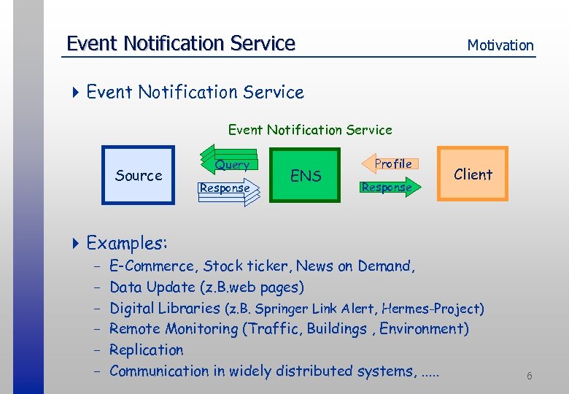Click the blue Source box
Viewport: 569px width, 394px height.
139,175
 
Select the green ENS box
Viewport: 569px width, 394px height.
306,175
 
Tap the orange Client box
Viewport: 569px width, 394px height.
473,174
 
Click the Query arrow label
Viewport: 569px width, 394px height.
232,165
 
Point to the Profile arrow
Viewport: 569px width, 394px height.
392,164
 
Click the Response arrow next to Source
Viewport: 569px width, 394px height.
225,188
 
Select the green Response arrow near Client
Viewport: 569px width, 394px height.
387,188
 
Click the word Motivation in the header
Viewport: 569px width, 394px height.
500,45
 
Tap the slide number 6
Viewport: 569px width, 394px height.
530,376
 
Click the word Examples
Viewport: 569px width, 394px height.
127,242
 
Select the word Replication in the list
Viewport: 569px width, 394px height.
147,349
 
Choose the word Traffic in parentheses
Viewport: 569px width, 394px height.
273,329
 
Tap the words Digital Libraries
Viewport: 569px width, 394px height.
165,308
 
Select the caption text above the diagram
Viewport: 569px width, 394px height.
310,130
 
